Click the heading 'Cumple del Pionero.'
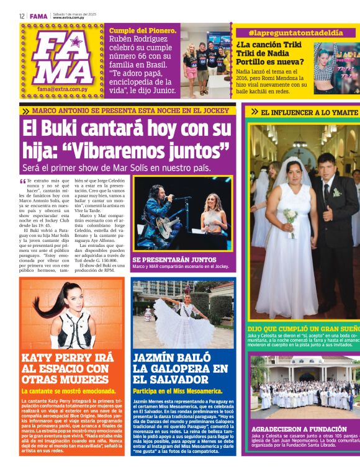(x=143, y=30)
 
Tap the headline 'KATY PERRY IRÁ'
(x=68, y=357)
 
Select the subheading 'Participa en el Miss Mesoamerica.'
(x=178, y=391)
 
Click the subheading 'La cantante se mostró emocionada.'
(x=69, y=391)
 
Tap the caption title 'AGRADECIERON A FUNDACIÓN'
(x=299, y=429)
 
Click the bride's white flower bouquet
(x=290, y=217)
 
